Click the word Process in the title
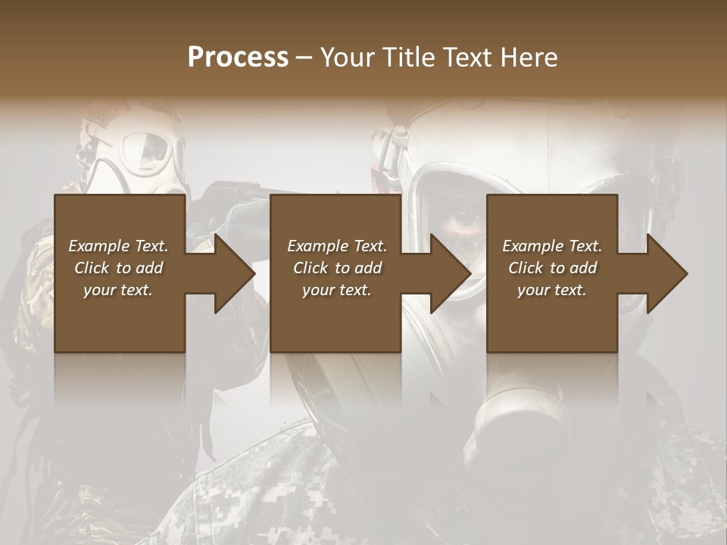pos(238,58)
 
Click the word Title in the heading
pos(405,58)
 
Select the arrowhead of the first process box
pos(234,273)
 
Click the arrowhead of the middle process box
pos(450,273)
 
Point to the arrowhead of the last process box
pos(666,273)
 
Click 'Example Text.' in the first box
pos(118,246)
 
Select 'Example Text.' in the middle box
pos(336,246)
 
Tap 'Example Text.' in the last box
pos(552,246)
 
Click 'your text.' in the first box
pos(118,290)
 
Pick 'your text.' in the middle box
pos(336,290)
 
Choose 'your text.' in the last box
pos(552,290)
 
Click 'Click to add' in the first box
pos(118,268)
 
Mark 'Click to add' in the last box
pos(552,268)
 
